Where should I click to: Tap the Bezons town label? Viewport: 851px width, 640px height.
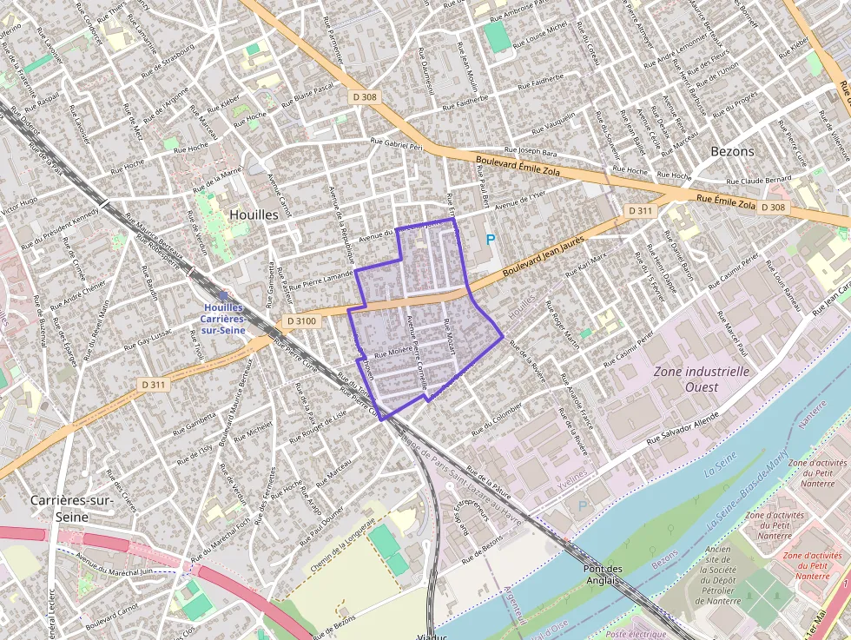[732, 151]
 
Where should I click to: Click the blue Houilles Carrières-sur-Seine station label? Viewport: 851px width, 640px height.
[224, 318]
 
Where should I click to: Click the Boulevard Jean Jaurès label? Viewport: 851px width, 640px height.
[541, 258]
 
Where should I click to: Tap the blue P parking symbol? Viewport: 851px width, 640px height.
[490, 239]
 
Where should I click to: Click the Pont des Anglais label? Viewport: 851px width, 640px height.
[603, 575]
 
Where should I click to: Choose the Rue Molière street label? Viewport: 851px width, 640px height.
[391, 353]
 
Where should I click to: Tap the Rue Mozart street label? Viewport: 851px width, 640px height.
[449, 335]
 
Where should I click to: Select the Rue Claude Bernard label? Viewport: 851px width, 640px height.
[759, 180]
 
